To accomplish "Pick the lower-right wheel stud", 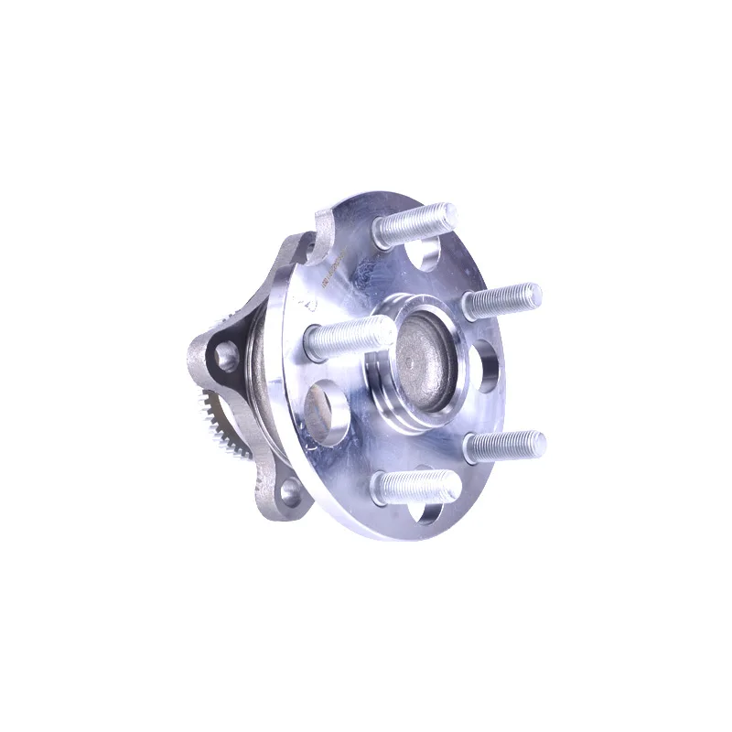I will click(505, 445).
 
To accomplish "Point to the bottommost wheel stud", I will click(416, 484).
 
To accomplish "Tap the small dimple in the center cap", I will click(420, 362).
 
